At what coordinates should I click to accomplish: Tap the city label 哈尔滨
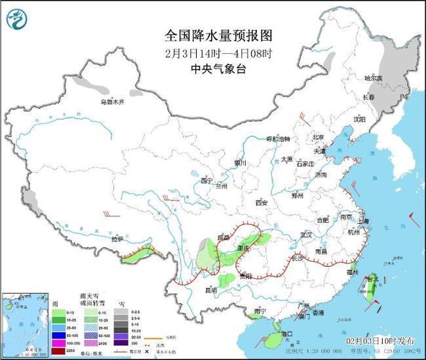tap(373, 79)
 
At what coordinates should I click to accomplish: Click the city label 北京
tap(318, 138)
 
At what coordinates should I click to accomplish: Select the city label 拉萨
tap(117, 240)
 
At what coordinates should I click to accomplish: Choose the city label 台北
tap(372, 279)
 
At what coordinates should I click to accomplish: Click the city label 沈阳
tap(359, 119)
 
